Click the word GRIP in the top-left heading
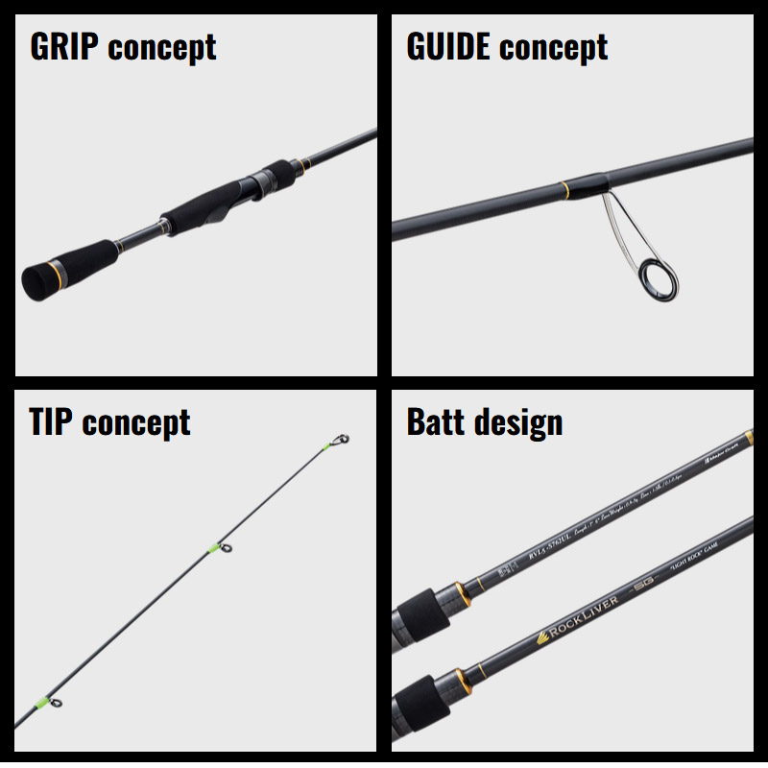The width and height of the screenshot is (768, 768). [66, 47]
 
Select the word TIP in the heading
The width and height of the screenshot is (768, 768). [51, 422]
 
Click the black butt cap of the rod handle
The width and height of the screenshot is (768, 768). [36, 279]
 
